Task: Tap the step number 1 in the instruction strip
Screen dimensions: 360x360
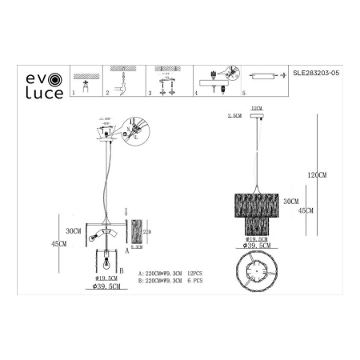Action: [74, 93]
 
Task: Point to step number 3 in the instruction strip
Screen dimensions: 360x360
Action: [150, 94]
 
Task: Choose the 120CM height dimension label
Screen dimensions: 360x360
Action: [317, 174]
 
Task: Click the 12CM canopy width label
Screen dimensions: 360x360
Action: [256, 106]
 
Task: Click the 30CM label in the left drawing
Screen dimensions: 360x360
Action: [74, 230]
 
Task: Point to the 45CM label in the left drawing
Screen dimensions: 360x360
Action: [56, 244]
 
